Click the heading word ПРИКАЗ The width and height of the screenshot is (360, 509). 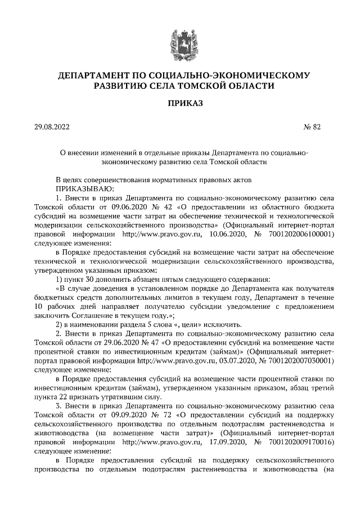click(180, 103)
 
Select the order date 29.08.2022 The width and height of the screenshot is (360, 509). click(53, 127)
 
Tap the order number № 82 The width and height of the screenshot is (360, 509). click(312, 127)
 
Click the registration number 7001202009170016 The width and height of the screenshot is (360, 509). click(303, 443)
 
